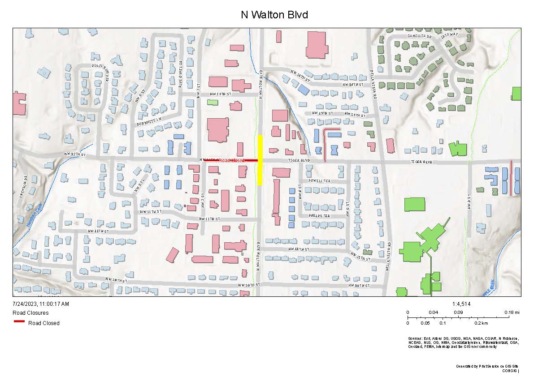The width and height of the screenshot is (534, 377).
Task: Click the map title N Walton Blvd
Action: click(274, 15)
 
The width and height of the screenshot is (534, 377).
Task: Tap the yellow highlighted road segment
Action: click(260, 159)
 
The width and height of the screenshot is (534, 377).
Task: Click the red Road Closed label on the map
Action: click(232, 160)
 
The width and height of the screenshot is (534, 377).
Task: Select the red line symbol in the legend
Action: click(19, 321)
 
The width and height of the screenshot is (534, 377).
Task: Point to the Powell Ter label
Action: click(319, 181)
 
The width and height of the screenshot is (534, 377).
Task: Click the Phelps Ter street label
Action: click(319, 216)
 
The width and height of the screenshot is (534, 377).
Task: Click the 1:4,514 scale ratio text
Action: click(462, 304)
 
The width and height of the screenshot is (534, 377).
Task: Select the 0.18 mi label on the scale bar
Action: click(512, 312)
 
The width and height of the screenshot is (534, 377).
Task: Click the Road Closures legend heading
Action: click(30, 313)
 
